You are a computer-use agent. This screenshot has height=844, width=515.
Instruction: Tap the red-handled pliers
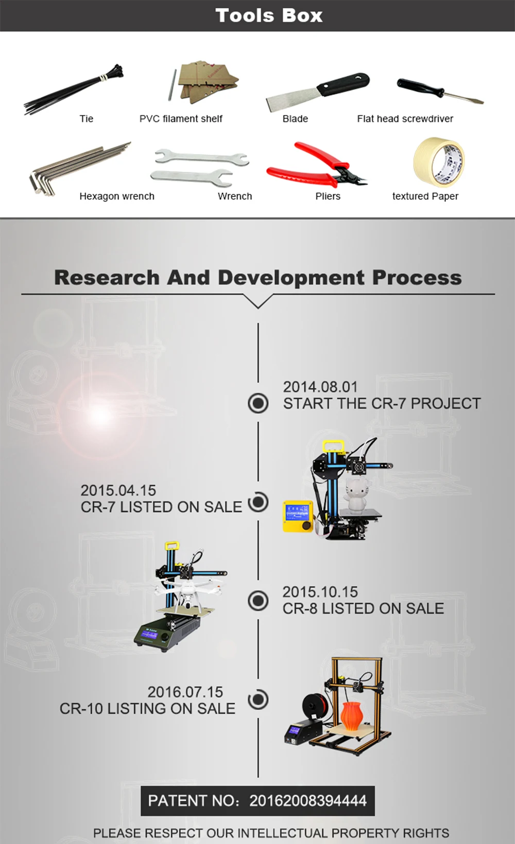point(317,166)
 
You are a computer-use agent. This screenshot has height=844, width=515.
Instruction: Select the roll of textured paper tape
point(439,162)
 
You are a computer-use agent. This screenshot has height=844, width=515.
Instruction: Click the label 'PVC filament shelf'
point(181,119)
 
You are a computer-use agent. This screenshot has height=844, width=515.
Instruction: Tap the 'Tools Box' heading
point(269,15)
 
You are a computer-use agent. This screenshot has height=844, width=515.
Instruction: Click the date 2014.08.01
point(320,387)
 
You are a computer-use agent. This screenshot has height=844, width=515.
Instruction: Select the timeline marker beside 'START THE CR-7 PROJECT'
point(258,403)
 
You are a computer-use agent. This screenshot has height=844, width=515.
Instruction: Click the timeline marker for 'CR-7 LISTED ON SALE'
point(258,502)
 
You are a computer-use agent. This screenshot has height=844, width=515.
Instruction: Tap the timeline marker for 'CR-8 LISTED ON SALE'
point(258,601)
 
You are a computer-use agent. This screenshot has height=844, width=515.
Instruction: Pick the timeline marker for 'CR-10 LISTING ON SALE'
point(258,699)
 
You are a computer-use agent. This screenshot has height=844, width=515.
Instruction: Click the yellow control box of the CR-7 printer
point(298,516)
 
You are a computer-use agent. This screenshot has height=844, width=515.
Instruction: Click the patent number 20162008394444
point(308,801)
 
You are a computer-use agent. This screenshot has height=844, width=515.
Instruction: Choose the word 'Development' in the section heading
point(291,278)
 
